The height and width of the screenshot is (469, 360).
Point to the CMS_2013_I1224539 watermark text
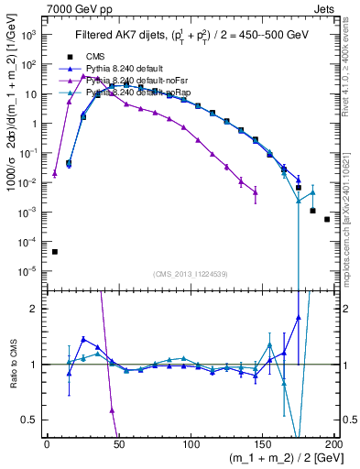(x=191, y=274)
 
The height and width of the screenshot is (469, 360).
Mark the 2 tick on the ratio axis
(x=34, y=309)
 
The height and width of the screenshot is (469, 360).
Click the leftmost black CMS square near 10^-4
(x=55, y=251)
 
